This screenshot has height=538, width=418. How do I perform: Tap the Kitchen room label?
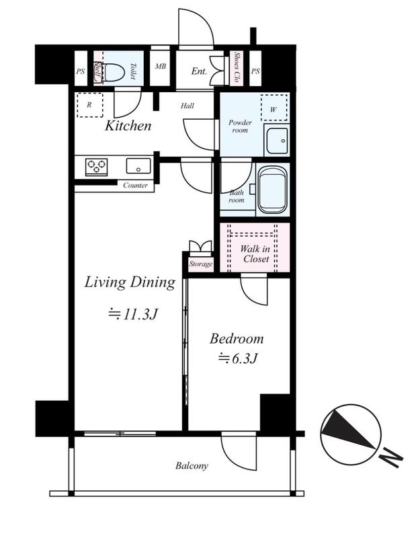[x=128, y=126]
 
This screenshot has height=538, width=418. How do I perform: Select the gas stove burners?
[x=96, y=167]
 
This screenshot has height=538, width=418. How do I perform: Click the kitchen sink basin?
[x=138, y=166]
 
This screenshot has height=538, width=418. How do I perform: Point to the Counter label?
[x=136, y=186]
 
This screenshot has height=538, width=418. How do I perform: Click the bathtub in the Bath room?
[x=272, y=190]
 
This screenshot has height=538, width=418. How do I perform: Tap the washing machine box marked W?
[x=274, y=108]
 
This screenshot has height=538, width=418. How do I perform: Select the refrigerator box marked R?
[x=90, y=105]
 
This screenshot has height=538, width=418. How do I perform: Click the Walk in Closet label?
[x=255, y=254]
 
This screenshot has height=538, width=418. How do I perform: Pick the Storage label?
[x=201, y=264]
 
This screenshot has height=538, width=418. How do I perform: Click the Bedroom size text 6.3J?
[x=239, y=358]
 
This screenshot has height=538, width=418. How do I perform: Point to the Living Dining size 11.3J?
[x=133, y=314]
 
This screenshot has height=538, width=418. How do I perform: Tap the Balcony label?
[x=192, y=465]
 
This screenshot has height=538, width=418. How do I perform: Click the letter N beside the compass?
[x=391, y=457]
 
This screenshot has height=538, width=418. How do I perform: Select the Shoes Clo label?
[x=237, y=67]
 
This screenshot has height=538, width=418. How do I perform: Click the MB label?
[x=160, y=66]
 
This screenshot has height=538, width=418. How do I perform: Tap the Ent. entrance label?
[x=199, y=71]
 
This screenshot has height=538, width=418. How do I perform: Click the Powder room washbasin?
[x=277, y=141]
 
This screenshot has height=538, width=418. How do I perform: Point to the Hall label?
[x=187, y=106]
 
